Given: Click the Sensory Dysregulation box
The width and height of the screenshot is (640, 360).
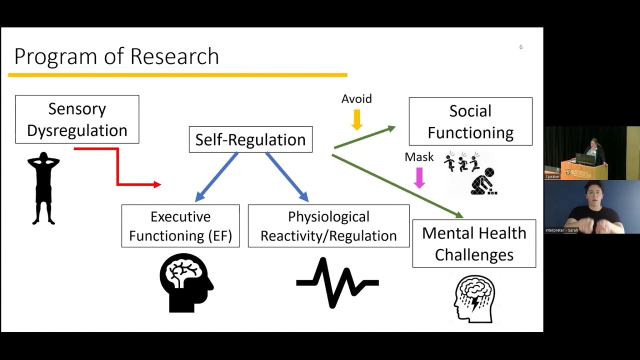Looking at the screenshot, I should [77, 119].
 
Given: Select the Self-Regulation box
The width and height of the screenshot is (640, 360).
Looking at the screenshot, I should [250, 139].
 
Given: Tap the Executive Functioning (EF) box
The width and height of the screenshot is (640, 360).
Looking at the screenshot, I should [180, 226].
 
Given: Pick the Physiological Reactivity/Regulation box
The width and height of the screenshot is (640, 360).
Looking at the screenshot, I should [328, 226].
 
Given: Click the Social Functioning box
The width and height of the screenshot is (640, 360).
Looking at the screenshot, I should [470, 121].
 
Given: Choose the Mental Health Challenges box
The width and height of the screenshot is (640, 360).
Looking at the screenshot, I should [474, 243].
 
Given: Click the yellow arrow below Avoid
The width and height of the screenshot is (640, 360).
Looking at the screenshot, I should [356, 119].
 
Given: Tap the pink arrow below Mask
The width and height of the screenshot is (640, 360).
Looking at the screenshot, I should [419, 177].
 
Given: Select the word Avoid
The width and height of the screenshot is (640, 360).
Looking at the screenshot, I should [356, 99].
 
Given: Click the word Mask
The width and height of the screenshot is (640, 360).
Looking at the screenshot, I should [419, 157].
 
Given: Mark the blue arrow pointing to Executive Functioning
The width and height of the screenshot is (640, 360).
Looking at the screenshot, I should [216, 177].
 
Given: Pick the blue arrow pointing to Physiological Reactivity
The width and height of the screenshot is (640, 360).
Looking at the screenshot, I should [286, 177].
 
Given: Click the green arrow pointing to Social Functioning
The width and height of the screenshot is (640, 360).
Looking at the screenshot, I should [364, 137].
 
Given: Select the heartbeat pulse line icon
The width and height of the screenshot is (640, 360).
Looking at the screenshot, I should [337, 283].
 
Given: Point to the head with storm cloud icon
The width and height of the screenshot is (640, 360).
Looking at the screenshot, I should [474, 298].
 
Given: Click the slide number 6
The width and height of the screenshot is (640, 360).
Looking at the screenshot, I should [520, 47].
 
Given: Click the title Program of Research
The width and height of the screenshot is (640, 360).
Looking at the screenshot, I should [116, 56].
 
